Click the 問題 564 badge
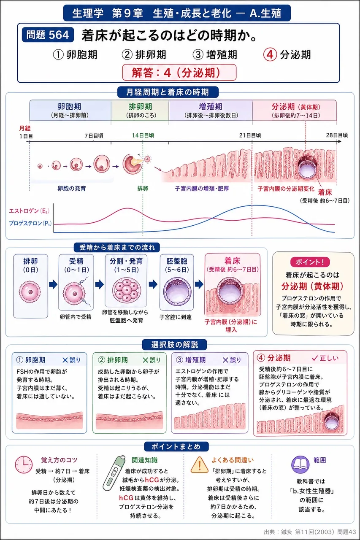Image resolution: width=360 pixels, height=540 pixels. click(48, 35)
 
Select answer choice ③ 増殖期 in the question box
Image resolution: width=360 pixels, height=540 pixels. click(215, 55)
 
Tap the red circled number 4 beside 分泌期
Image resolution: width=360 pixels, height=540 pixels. click(270, 55)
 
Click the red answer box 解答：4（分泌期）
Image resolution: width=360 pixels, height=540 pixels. click(179, 72)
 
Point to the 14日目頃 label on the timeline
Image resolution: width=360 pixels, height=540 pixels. click(143, 135)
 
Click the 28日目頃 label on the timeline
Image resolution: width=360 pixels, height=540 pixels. click(337, 135)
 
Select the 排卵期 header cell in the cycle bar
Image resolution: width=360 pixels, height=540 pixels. click(140, 111)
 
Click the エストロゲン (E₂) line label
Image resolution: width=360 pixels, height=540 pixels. click(29, 211)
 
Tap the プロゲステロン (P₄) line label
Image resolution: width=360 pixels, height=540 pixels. click(30, 223)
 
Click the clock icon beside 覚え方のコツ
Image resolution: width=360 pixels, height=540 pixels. click(24, 464)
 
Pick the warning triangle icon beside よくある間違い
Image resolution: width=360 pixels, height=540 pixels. click(199, 464)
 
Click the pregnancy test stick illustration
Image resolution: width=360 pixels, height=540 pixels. click(114, 473)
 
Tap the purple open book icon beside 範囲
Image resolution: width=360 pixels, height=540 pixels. click(300, 464)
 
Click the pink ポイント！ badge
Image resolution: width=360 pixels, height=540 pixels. click(310, 262)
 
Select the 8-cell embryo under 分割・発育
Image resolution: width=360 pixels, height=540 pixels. click(126, 289)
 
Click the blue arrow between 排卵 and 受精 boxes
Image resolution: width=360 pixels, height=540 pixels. click(53, 284)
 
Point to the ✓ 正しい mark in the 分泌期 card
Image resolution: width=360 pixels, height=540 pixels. click(325, 358)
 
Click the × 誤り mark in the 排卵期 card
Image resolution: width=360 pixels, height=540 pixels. click(152, 360)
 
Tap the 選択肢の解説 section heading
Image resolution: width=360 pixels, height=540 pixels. click(175, 345)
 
